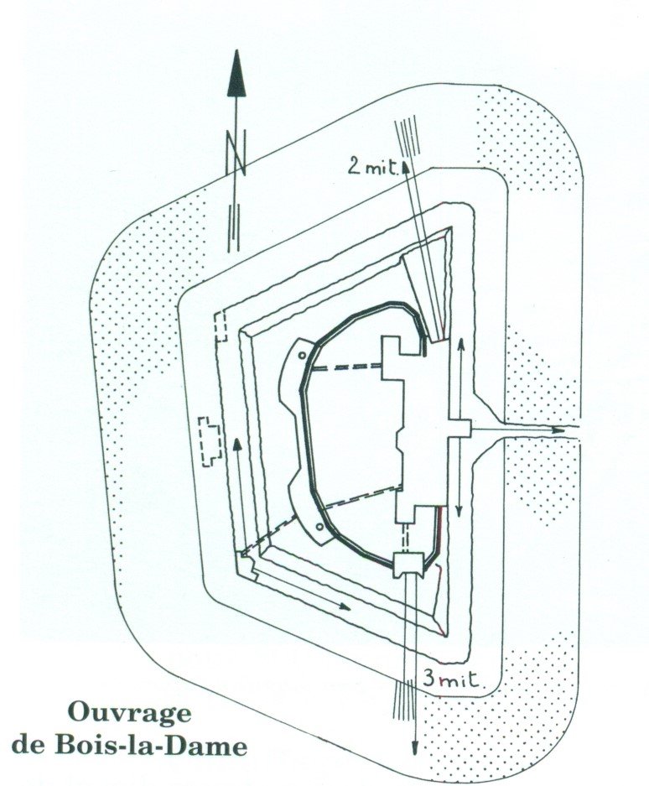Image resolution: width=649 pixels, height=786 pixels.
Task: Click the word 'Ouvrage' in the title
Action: pyautogui.click(x=129, y=715)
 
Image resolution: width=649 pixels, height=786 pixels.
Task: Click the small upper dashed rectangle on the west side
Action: pyautogui.click(x=221, y=326)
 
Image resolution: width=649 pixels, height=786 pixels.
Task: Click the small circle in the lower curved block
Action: pyautogui.click(x=319, y=527)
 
